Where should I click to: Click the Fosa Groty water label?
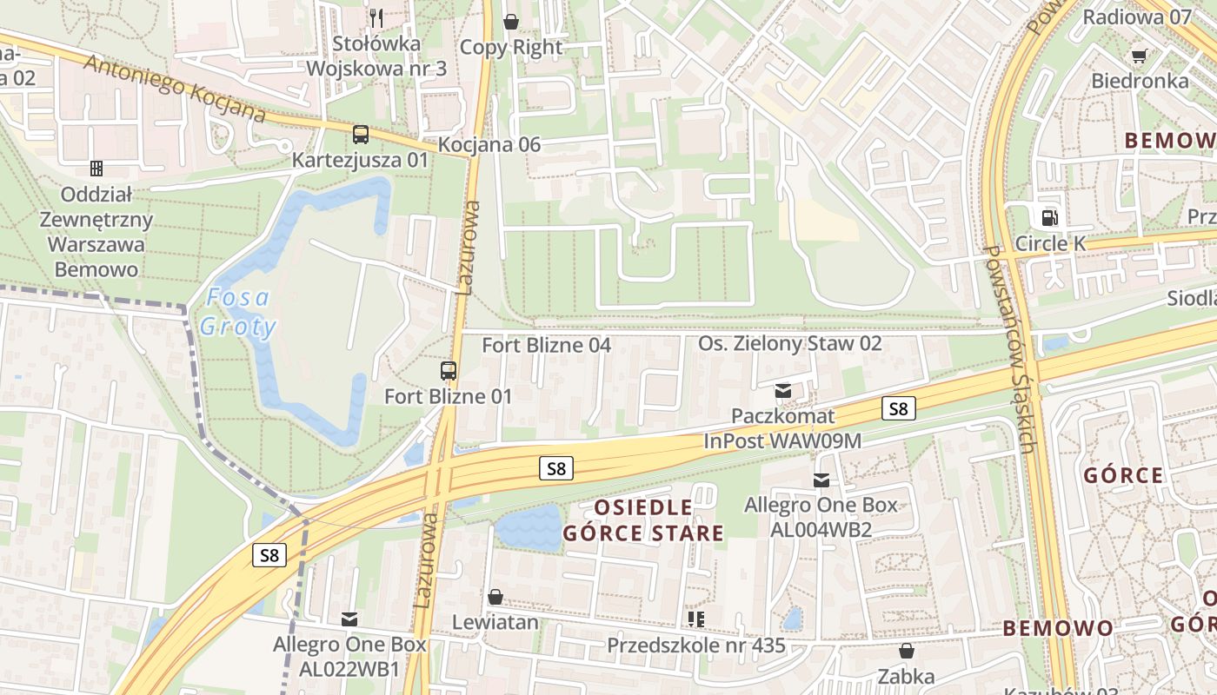point(237,313)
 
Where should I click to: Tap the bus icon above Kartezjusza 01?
point(360,135)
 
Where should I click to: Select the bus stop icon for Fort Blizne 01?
point(449,371)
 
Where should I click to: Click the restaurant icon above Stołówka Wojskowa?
point(376,17)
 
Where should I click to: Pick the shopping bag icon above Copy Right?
point(511,21)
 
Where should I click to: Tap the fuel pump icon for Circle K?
point(1049,217)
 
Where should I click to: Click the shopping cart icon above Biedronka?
point(1139,56)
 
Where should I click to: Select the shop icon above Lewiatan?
point(495,597)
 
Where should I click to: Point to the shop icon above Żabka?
point(907,651)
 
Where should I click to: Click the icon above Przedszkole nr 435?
point(695,619)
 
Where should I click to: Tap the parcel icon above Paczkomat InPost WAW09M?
point(783,391)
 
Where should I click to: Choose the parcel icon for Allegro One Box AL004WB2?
point(821,480)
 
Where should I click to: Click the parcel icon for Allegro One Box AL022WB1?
point(349,619)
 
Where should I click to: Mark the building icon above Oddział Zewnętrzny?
point(96,168)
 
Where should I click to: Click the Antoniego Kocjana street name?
point(174,89)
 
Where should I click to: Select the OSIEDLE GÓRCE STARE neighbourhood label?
point(643,520)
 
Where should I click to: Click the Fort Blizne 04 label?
point(547,345)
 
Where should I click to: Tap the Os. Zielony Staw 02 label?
point(789,343)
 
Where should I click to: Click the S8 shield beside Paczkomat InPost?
point(898,407)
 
